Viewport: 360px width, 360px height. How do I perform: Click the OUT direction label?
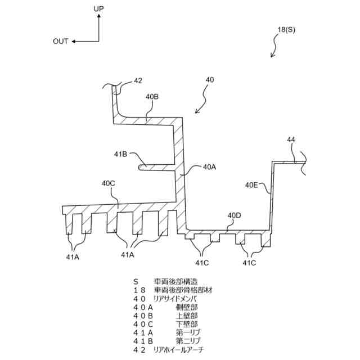60,41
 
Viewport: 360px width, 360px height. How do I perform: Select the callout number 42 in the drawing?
138,81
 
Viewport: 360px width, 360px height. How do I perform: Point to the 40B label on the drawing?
152,97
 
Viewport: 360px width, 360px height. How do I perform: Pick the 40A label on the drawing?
209,167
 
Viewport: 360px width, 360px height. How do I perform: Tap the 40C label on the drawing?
109,183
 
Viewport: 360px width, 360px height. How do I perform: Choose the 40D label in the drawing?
234,215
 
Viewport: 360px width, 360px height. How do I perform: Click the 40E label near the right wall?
252,184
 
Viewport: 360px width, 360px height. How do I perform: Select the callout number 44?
291,139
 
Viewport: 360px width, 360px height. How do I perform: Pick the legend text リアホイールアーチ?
178,350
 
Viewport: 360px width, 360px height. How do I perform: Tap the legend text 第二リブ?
188,341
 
